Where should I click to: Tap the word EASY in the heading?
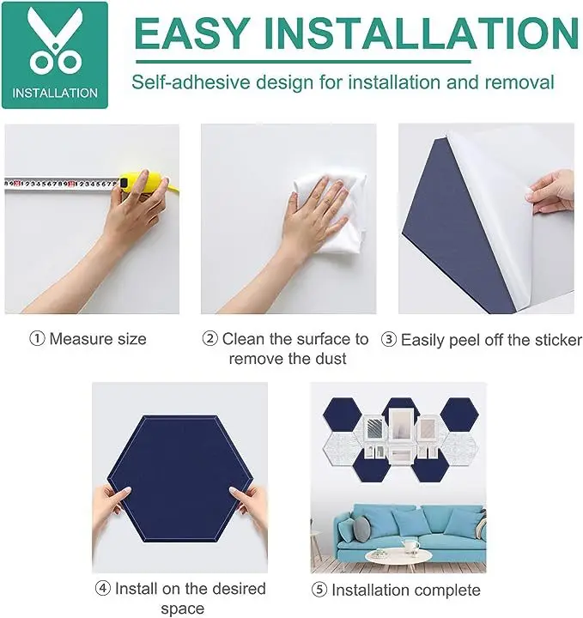pyautogui.click(x=191, y=33)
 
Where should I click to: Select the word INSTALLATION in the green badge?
pyautogui.click(x=55, y=93)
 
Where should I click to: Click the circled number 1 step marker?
pyautogui.click(x=37, y=338)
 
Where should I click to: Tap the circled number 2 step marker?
pyautogui.click(x=210, y=338)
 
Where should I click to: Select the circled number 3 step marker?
pyautogui.click(x=389, y=340)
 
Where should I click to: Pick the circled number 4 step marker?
pyautogui.click(x=102, y=589)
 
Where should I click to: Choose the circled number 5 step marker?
pyautogui.click(x=319, y=590)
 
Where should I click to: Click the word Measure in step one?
pyautogui.click(x=76, y=339)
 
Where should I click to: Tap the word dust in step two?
pyautogui.click(x=330, y=359)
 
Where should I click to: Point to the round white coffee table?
pyautogui.click(x=398, y=556)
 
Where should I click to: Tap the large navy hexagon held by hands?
pyautogui.click(x=180, y=479)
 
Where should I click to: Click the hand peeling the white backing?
pyautogui.click(x=551, y=192)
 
